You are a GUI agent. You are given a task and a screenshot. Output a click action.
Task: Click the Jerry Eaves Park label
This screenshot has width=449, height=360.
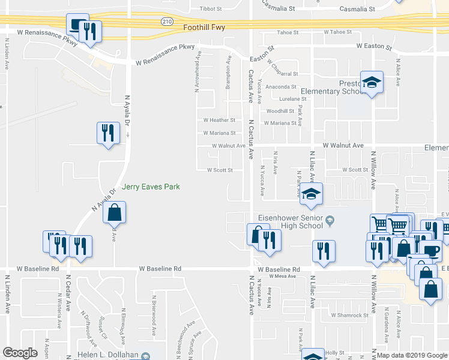point(151,187)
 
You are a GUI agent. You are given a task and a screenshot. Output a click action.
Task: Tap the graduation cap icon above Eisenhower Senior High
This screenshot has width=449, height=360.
point(312,194)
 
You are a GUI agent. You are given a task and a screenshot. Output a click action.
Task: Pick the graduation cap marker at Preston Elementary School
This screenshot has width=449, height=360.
point(372,82)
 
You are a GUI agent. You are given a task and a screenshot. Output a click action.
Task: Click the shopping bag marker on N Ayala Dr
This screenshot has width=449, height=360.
point(114,212)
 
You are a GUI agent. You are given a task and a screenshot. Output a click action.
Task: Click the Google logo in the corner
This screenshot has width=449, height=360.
point(20,353)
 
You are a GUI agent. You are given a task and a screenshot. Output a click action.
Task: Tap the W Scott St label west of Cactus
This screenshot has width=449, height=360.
point(220,170)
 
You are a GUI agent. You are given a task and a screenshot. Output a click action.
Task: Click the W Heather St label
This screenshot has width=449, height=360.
point(218,121)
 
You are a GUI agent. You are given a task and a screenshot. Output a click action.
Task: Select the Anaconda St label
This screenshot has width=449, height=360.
point(282,87)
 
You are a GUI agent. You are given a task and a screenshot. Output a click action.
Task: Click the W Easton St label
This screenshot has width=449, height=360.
point(373,46)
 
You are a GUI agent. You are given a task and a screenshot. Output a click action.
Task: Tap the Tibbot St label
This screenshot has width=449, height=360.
point(211,10)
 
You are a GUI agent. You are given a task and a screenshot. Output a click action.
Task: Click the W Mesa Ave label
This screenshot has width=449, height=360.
point(283,276)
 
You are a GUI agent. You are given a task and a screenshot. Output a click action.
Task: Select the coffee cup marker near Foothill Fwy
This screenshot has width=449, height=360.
point(77,25)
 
